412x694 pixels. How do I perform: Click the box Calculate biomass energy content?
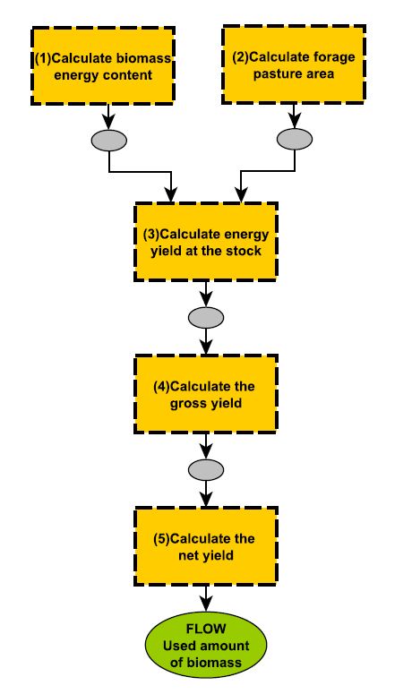click(103, 65)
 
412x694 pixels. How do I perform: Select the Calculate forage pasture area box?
click(294, 64)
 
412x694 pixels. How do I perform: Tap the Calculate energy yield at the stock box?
click(206, 242)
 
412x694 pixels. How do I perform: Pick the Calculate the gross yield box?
click(206, 394)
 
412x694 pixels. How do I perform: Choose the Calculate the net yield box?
click(206, 546)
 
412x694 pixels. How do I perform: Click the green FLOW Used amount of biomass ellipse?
click(206, 645)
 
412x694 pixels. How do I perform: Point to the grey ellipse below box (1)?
click(109, 141)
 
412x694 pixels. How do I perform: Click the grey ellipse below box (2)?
click(295, 139)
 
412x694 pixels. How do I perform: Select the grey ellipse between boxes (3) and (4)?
click(206, 317)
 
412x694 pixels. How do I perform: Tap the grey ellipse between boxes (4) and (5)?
click(206, 469)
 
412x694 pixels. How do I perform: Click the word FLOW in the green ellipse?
click(206, 629)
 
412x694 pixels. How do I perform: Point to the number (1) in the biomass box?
click(43, 58)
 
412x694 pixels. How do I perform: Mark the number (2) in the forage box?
click(241, 57)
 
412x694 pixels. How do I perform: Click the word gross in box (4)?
click(186, 404)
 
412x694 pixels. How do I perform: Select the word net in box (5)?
click(188, 555)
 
